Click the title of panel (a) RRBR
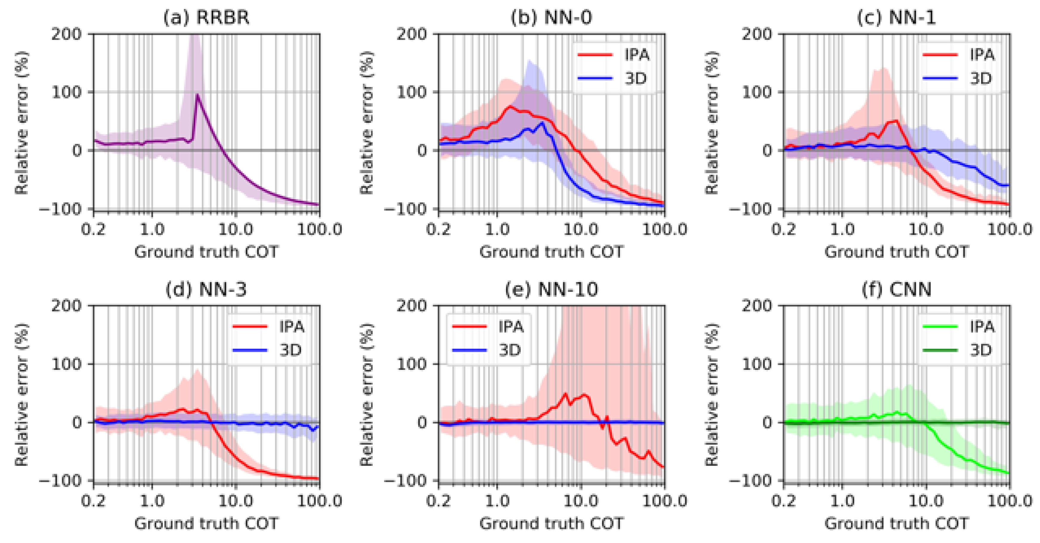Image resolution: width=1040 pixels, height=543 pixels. pos(206,18)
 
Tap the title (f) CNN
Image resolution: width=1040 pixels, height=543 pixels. pos(896,289)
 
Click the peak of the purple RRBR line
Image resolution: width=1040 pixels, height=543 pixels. pos(197,96)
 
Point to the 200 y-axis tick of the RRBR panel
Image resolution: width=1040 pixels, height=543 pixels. pos(66,34)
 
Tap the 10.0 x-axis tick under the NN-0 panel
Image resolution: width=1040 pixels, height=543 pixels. pos(581,229)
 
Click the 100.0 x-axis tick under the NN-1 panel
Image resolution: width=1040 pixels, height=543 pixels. pos(1009,229)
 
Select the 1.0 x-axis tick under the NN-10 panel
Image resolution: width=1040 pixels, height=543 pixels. pos(497,501)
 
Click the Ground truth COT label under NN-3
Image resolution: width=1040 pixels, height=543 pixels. pos(206,523)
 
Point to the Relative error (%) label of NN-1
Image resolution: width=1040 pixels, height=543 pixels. pos(711,123)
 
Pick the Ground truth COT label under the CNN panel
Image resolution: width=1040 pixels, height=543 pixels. pos(896,523)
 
